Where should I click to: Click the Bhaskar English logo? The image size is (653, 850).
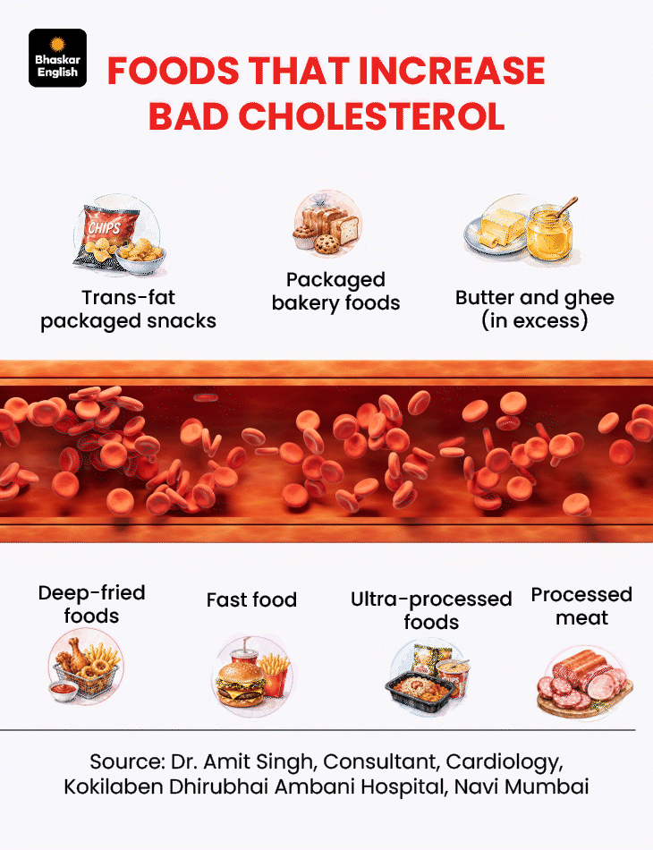click(57, 58)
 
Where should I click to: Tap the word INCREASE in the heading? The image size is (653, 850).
click(452, 71)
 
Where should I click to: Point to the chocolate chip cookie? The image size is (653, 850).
click(326, 244)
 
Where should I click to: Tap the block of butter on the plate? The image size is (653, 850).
click(502, 227)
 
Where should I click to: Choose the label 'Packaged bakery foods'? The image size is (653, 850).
click(335, 291)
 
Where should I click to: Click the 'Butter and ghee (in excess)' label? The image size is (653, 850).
click(535, 309)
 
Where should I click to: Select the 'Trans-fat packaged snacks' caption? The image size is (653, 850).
click(129, 309)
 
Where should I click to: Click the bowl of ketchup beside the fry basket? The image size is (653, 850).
click(63, 690)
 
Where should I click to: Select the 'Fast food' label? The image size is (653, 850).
click(251, 600)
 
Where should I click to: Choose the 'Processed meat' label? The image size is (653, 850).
click(581, 606)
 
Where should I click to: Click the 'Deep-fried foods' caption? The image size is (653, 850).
click(91, 605)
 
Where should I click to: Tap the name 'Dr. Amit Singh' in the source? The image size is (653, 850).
click(242, 762)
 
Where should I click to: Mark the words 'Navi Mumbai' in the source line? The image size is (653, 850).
click(522, 786)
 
